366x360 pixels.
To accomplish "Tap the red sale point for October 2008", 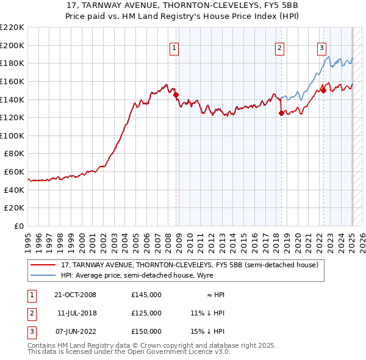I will pyautogui.click(x=176, y=95).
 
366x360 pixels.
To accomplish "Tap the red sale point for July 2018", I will pyautogui.click(x=281, y=113).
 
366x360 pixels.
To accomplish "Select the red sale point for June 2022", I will pyautogui.click(x=323, y=90).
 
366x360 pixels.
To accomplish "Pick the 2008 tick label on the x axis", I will pyautogui.click(x=168, y=239).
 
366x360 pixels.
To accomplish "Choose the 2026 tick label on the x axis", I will pyautogui.click(x=362, y=239).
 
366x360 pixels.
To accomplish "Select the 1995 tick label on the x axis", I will pyautogui.click(x=28, y=239).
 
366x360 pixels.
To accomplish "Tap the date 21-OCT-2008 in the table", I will pyautogui.click(x=76, y=295).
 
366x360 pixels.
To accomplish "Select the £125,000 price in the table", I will pyautogui.click(x=146, y=313).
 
